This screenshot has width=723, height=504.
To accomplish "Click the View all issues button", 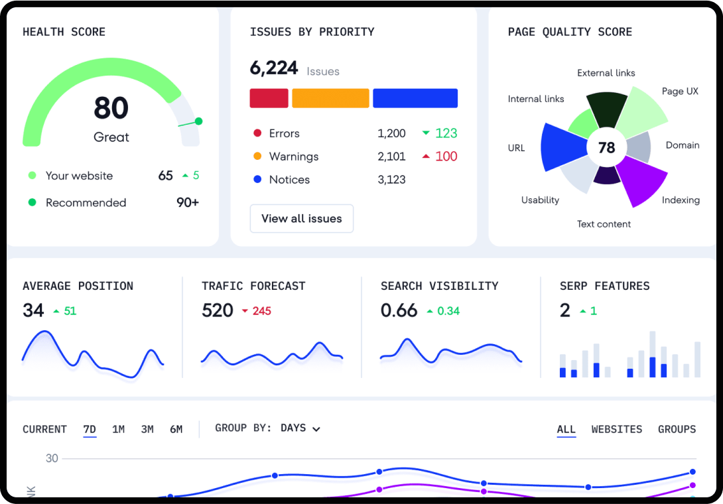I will (x=302, y=219).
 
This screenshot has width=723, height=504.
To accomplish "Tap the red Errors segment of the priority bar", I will (x=269, y=98).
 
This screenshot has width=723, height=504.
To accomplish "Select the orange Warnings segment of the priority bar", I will (x=330, y=98).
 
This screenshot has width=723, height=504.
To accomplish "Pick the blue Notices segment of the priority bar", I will (x=415, y=98).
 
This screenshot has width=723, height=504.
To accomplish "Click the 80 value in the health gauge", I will (x=111, y=108).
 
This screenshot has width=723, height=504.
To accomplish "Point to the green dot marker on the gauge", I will (x=198, y=121).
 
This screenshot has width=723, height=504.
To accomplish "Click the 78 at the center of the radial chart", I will (x=606, y=148).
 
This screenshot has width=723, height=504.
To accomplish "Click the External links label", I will (x=606, y=73).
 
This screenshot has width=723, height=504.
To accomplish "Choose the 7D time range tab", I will (x=90, y=430).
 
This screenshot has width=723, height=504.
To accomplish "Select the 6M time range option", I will (x=176, y=430).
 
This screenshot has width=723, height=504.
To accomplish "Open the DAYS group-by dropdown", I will (x=300, y=428).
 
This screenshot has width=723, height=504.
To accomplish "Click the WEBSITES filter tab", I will (x=617, y=430).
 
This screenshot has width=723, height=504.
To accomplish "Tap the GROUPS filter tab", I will (x=677, y=430).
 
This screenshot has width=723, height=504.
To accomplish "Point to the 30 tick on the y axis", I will (x=52, y=458).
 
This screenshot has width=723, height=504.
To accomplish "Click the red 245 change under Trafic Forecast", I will (x=261, y=311).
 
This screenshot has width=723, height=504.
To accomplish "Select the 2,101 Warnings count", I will (x=391, y=157).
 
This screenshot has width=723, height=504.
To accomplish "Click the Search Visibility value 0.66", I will (x=399, y=310).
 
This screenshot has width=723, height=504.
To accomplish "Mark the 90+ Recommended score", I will (x=188, y=203).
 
